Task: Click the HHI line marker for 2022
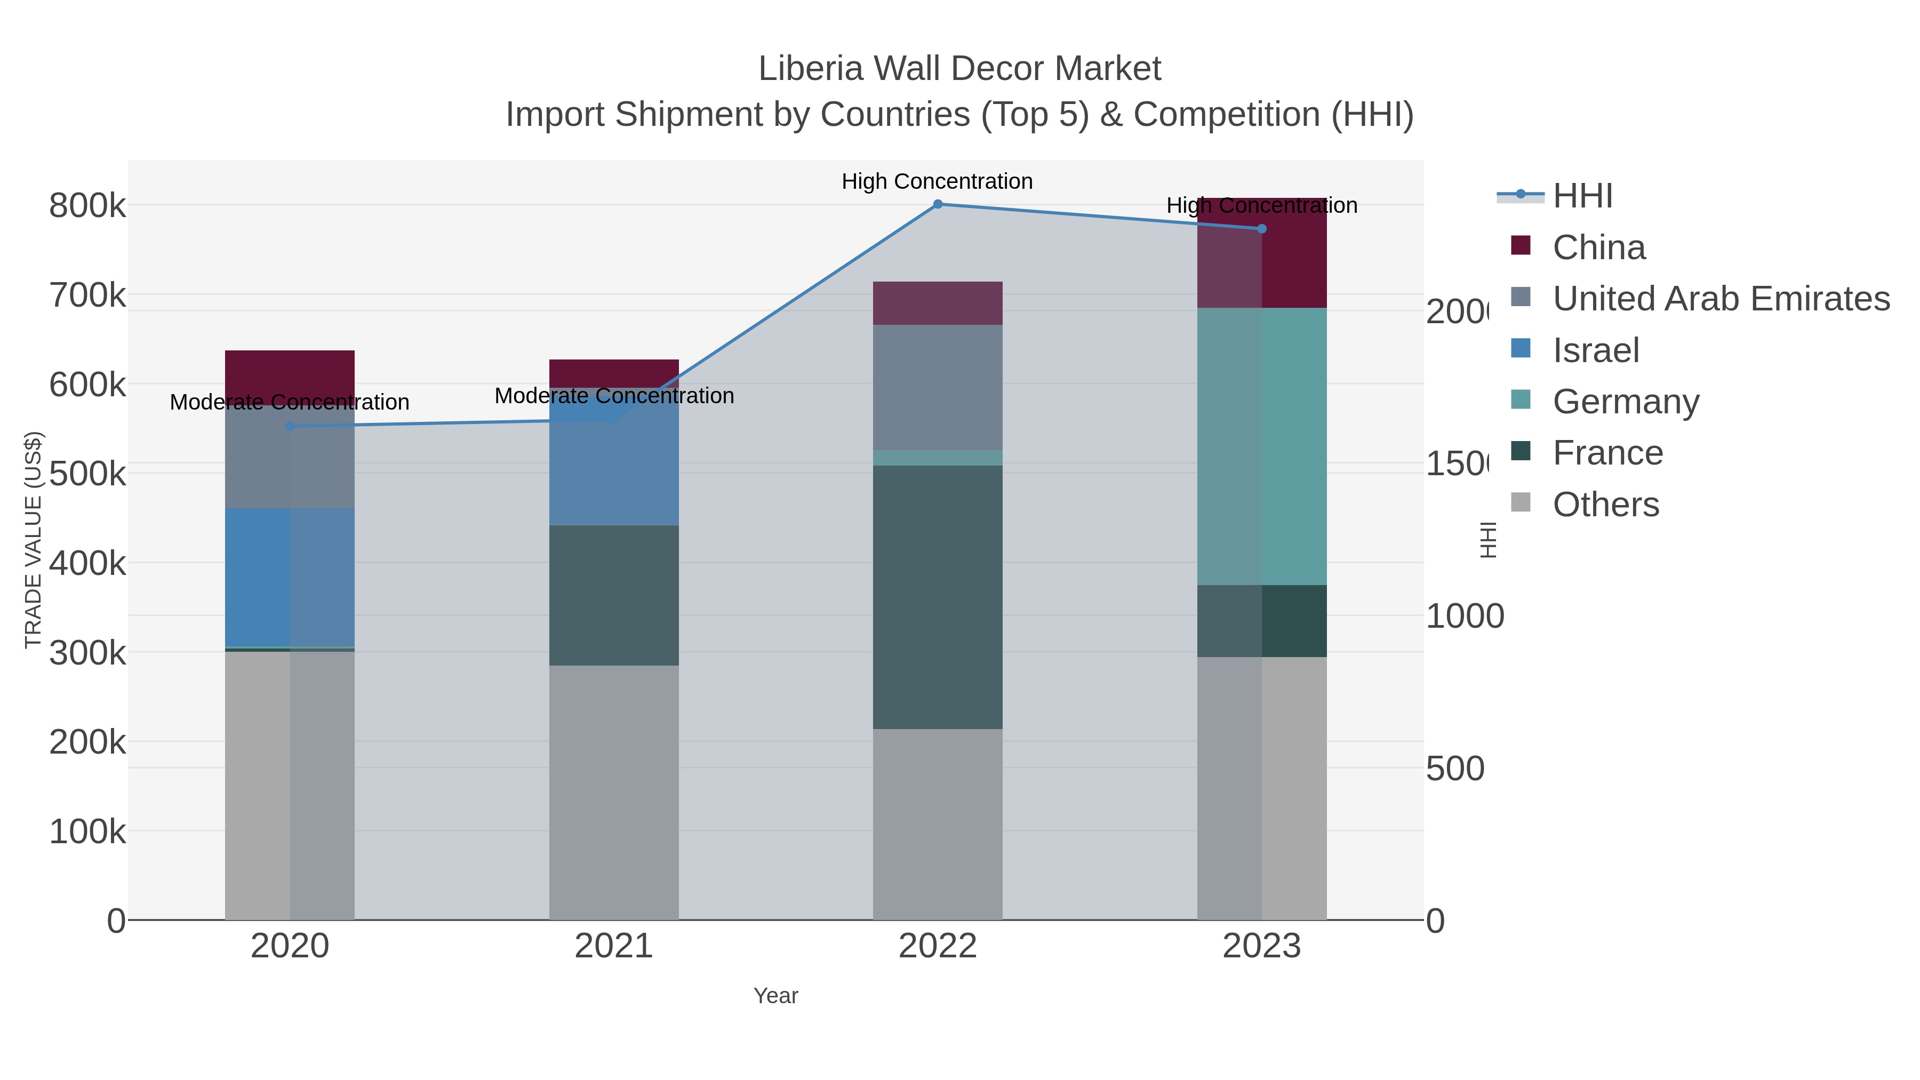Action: tap(938, 204)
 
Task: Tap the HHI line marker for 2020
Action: tap(290, 426)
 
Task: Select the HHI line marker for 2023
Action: tap(1262, 229)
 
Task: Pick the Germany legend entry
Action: tap(1625, 401)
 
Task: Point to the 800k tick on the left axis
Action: tap(87, 206)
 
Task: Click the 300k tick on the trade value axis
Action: tap(87, 653)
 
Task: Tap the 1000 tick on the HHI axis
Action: tap(1464, 617)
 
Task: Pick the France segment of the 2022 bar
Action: tap(938, 596)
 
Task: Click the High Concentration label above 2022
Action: tap(937, 181)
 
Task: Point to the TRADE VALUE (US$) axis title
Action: tap(33, 540)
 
